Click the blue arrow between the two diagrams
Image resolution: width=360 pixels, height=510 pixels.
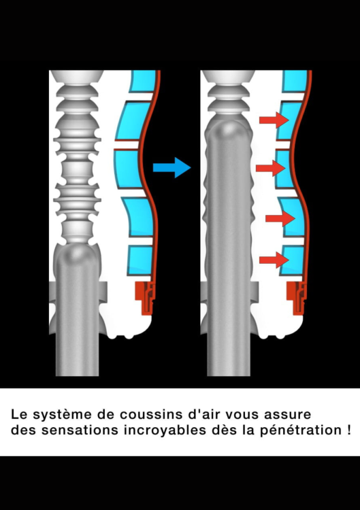pos(172,167)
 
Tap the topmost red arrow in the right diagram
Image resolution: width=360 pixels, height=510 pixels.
pos(274,120)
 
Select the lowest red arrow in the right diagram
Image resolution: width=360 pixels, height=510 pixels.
pos(274,260)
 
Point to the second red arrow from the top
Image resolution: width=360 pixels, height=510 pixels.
pos(271,168)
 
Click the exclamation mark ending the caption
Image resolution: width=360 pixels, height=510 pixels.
pos(349,430)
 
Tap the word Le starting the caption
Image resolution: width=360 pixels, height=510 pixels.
pos(19,414)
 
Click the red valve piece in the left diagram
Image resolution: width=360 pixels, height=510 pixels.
pos(146,297)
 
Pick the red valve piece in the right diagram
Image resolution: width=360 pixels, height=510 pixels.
pos(297,297)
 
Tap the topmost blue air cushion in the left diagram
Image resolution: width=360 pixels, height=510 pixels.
pos(142,81)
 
